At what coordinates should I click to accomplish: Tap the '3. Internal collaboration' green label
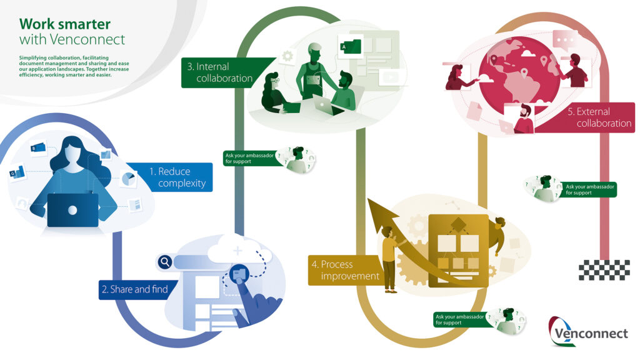pyautogui.click(x=222, y=72)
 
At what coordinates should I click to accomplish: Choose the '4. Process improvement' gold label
pyautogui.click(x=344, y=270)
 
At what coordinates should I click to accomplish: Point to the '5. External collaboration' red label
pyautogui.click(x=587, y=117)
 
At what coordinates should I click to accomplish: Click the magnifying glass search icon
pyautogui.click(x=165, y=262)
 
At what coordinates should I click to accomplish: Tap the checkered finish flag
pyautogui.click(x=604, y=270)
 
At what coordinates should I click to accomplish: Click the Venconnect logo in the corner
pyautogui.click(x=587, y=331)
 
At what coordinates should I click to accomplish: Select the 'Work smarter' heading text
pyautogui.click(x=65, y=24)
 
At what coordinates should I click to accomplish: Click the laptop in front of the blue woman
pyautogui.click(x=72, y=210)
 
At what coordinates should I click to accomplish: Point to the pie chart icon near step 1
pyautogui.click(x=129, y=179)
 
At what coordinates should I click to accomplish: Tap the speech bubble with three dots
pyautogui.click(x=565, y=41)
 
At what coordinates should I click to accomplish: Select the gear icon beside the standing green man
pyautogui.click(x=287, y=56)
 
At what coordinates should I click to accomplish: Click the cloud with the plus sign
pyautogui.click(x=239, y=250)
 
